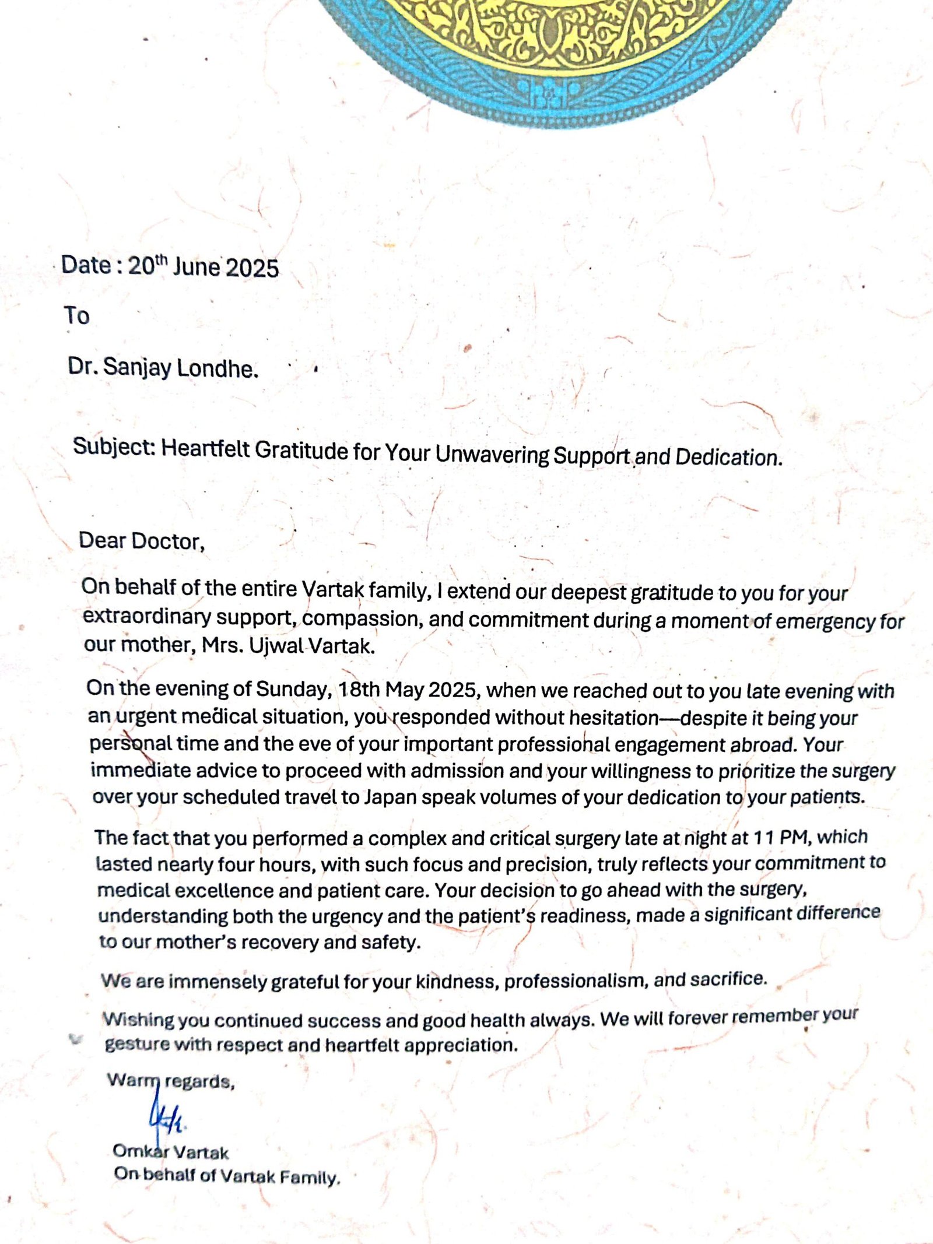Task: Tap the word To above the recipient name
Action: (76, 316)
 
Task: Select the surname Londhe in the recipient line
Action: (217, 369)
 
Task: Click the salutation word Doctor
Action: (167, 542)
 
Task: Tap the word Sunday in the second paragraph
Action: (294, 689)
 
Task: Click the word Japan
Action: (390, 797)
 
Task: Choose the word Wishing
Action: (138, 1020)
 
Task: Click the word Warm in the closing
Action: (133, 1080)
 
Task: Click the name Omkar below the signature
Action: (141, 1151)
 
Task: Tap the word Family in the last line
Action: (310, 1177)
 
